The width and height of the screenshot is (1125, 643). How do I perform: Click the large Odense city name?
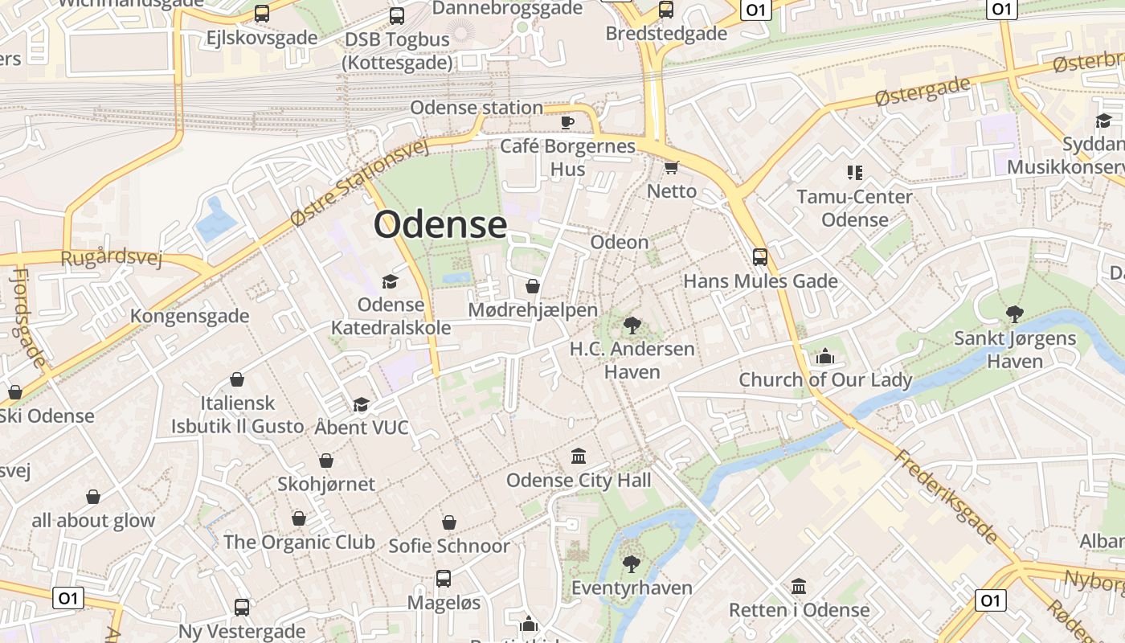(440, 224)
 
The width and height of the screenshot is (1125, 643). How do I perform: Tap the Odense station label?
(477, 108)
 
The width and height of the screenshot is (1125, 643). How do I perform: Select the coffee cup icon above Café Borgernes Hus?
(567, 122)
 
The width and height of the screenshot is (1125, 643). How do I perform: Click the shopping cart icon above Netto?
(671, 167)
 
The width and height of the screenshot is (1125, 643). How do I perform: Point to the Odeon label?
(619, 242)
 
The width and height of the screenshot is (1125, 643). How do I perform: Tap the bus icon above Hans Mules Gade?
(759, 257)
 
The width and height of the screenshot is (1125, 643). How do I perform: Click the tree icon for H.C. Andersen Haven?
(632, 326)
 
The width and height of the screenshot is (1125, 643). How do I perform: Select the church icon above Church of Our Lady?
(824, 356)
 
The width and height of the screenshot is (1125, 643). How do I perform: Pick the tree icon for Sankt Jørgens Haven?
(1014, 314)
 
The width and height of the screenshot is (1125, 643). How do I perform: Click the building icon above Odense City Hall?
(578, 457)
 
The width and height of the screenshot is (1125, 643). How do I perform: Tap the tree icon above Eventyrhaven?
(631, 563)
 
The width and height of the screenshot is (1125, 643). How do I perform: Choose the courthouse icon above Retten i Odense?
(798, 586)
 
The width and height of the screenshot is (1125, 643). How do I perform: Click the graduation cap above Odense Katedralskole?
(390, 281)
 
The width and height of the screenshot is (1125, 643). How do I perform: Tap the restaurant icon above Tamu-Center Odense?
(854, 172)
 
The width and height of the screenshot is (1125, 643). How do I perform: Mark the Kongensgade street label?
(190, 316)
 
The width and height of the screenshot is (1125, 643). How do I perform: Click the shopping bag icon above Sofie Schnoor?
(448, 522)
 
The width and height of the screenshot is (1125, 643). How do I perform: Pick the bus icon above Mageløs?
(443, 579)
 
